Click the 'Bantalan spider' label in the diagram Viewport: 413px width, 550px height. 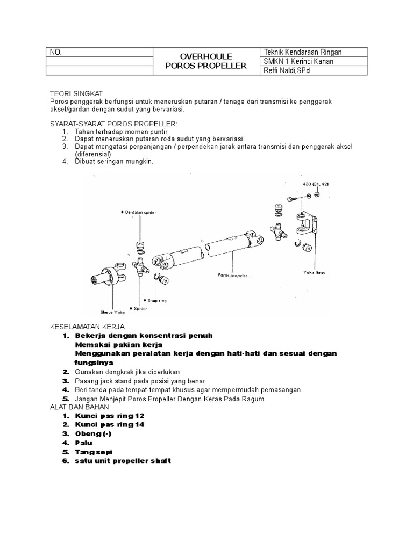[x=141, y=213]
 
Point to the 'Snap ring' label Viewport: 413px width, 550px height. [x=157, y=301]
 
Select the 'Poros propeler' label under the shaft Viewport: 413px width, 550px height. [x=233, y=275]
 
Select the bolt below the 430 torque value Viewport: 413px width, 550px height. [x=293, y=200]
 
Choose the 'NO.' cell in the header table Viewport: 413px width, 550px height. [x=56, y=52]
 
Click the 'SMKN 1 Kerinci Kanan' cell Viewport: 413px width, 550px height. [x=298, y=61]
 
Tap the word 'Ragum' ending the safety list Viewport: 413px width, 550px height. [x=254, y=399]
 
